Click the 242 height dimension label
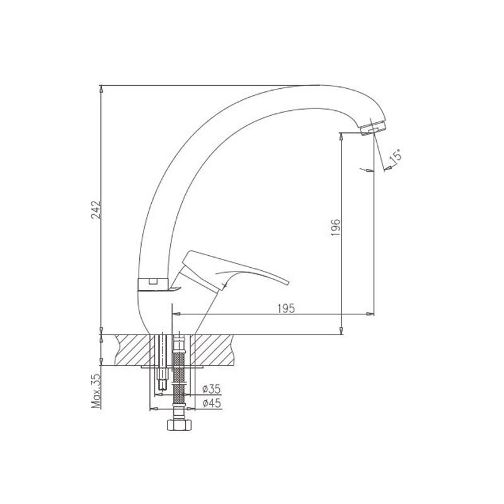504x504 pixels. (96, 210)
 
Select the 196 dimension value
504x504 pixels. (335, 227)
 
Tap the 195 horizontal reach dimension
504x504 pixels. (286, 308)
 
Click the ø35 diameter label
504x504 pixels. (212, 389)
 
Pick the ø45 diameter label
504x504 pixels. (212, 403)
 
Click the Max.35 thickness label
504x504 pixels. (96, 391)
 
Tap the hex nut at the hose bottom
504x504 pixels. (180, 425)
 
